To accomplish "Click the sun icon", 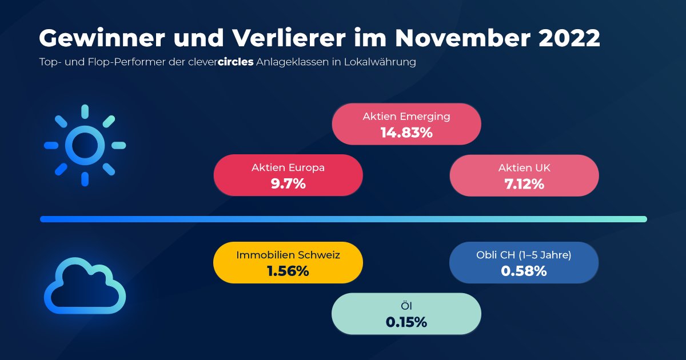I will point(85,145).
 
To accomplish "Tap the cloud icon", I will point(85,286).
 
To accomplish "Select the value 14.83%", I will point(406,133).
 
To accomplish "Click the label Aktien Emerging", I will point(406,117).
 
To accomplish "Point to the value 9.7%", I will point(288,184).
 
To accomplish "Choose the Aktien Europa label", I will point(288,168).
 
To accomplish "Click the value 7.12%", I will point(524,184).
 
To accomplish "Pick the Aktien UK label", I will point(524,168).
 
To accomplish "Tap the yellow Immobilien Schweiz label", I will point(288,255).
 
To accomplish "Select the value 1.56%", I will point(288,271).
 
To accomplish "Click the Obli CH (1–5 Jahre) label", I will point(524,255).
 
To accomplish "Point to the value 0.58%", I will point(524,271).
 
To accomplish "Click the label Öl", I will point(406,306).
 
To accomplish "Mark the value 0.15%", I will point(406,322).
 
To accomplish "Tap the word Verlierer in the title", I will point(289,39).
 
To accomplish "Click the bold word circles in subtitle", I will point(236,62).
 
